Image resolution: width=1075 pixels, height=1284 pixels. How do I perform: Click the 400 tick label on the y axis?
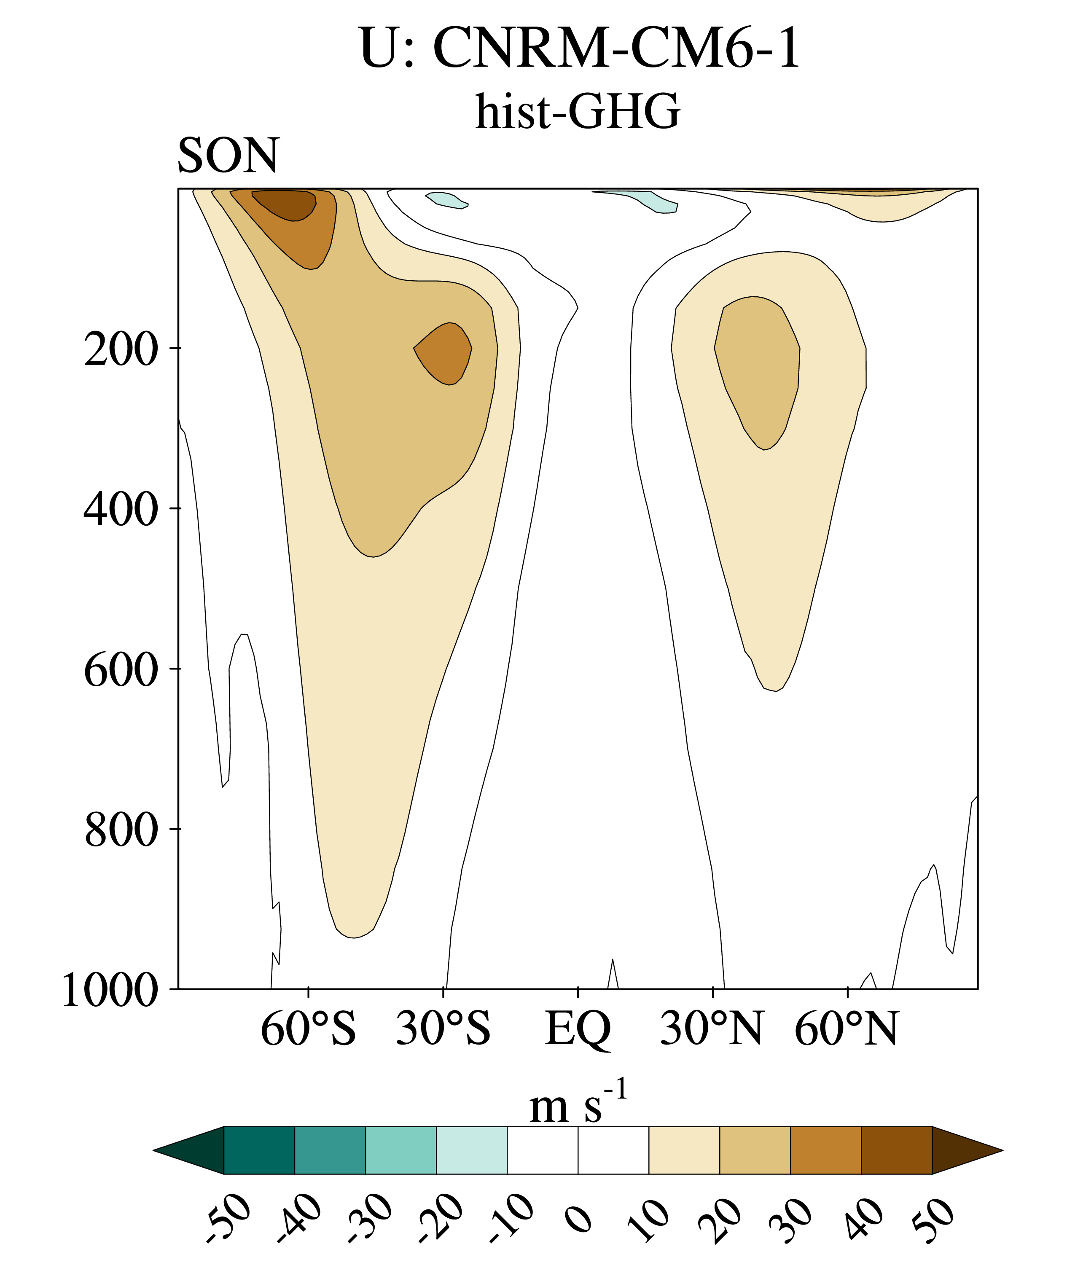pos(121,510)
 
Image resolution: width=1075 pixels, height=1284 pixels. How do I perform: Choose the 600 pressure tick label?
pos(121,670)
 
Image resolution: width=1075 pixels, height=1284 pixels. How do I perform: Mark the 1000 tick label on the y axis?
pos(110,991)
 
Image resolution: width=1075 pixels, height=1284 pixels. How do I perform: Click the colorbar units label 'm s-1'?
pos(578,1104)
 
